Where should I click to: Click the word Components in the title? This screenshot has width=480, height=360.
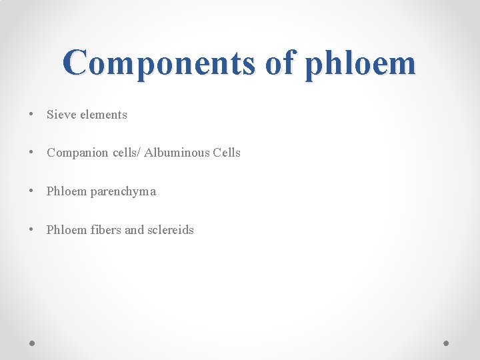(158, 63)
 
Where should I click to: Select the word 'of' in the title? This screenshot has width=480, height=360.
(279, 63)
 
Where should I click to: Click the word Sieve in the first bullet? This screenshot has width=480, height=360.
(61, 115)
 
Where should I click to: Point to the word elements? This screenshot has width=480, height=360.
(103, 115)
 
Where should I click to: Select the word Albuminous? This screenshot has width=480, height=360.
(177, 153)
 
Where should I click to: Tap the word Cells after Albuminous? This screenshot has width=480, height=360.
(227, 153)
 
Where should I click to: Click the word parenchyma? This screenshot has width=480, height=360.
(123, 192)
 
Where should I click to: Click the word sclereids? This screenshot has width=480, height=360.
(171, 230)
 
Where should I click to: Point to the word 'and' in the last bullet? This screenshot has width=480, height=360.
(134, 230)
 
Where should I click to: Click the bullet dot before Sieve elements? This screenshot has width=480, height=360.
(32, 114)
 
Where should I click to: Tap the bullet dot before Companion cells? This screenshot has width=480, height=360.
(32, 153)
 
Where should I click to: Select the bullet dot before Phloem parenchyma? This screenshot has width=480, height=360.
(32, 191)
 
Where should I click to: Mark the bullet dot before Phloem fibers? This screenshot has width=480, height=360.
(32, 230)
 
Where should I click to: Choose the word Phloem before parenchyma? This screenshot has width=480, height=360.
(67, 191)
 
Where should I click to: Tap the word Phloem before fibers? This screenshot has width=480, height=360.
(67, 230)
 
